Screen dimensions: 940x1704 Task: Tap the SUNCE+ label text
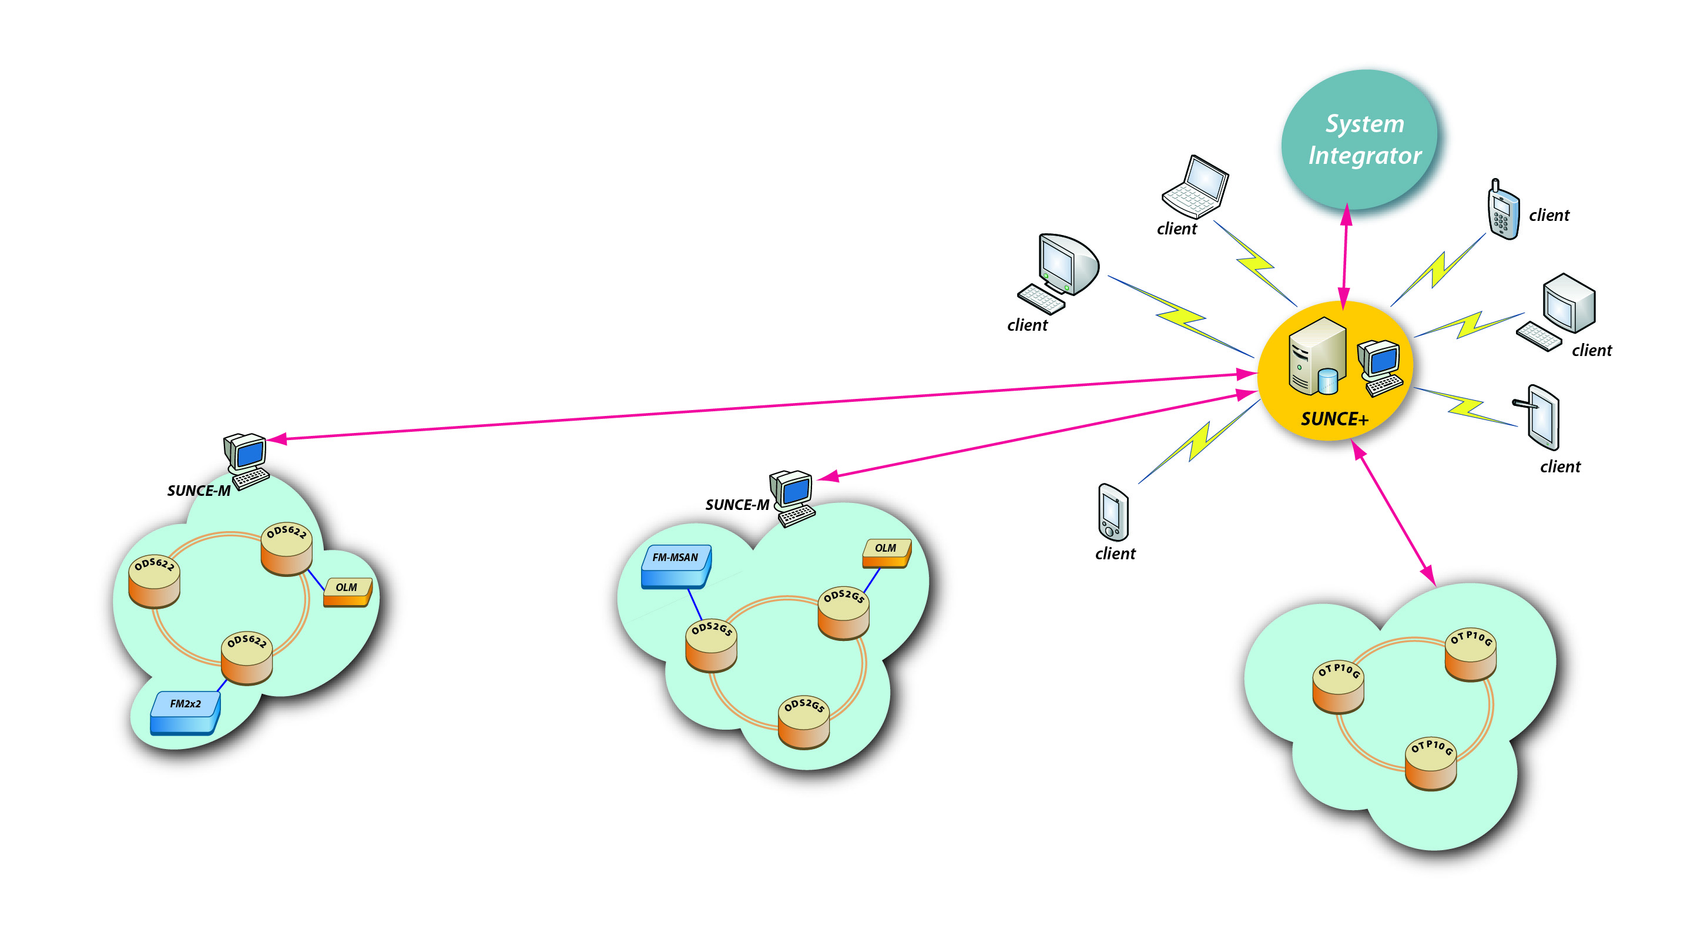pyautogui.click(x=1334, y=419)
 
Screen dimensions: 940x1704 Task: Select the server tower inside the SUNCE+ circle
pyautogui.click(x=1316, y=357)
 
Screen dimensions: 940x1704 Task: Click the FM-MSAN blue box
pyautogui.click(x=675, y=566)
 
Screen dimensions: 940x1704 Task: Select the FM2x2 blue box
pyautogui.click(x=185, y=713)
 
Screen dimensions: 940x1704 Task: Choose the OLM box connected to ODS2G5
pyautogui.click(x=887, y=552)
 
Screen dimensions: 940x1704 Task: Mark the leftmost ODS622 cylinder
pyautogui.click(x=154, y=581)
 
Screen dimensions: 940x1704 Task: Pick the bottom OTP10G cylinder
pyautogui.click(x=1430, y=764)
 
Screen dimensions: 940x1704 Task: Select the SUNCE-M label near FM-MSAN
pyautogui.click(x=737, y=505)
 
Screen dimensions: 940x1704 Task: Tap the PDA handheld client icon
pyautogui.click(x=1113, y=513)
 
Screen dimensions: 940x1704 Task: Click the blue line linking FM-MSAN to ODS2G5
pyautogui.click(x=695, y=604)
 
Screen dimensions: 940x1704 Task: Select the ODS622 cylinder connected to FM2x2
pyautogui.click(x=247, y=658)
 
